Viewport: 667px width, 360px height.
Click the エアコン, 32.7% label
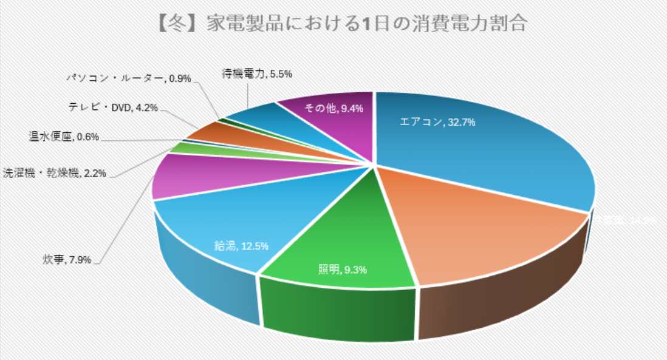[437, 121]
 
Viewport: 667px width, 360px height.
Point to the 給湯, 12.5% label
[241, 245]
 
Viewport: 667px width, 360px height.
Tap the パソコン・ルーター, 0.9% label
[129, 78]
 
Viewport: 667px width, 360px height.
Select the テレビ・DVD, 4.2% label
[114, 108]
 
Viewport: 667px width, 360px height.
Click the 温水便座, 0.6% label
[63, 137]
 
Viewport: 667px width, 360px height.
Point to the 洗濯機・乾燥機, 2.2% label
[55, 173]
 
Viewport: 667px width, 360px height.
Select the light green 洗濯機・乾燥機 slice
[182, 147]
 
